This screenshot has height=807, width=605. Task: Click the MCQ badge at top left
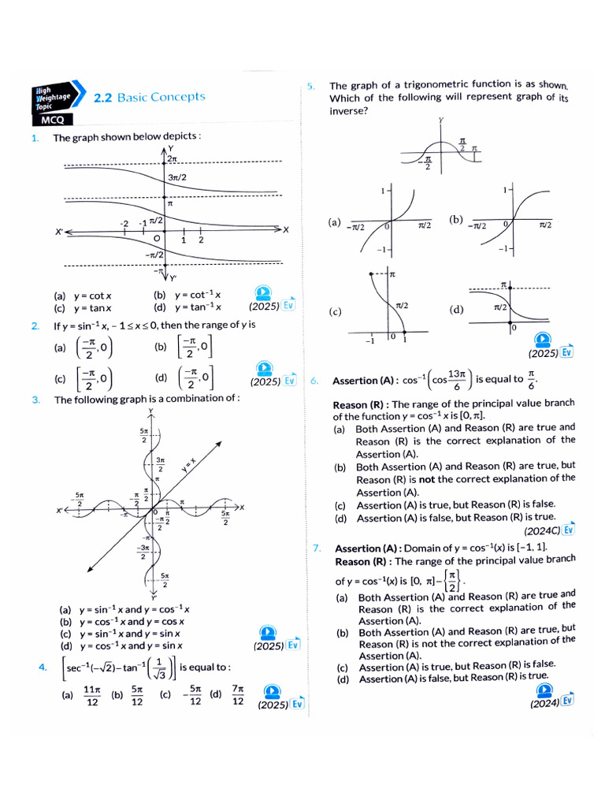(53, 120)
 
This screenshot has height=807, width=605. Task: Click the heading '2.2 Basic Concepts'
(149, 98)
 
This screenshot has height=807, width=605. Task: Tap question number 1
(35, 138)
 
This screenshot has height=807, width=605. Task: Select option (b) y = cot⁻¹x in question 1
(187, 296)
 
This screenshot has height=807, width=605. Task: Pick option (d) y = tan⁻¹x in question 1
(187, 308)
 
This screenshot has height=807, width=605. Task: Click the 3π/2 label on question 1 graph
(177, 178)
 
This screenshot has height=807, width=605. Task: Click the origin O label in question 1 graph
(158, 238)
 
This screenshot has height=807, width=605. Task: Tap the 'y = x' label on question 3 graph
(187, 464)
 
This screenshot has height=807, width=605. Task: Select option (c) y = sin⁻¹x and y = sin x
(121, 634)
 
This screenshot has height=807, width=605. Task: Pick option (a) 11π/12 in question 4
(84, 696)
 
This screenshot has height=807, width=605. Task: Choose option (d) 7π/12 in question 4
(228, 696)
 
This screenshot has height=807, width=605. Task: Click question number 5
(311, 85)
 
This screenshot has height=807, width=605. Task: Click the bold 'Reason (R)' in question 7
(363, 562)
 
